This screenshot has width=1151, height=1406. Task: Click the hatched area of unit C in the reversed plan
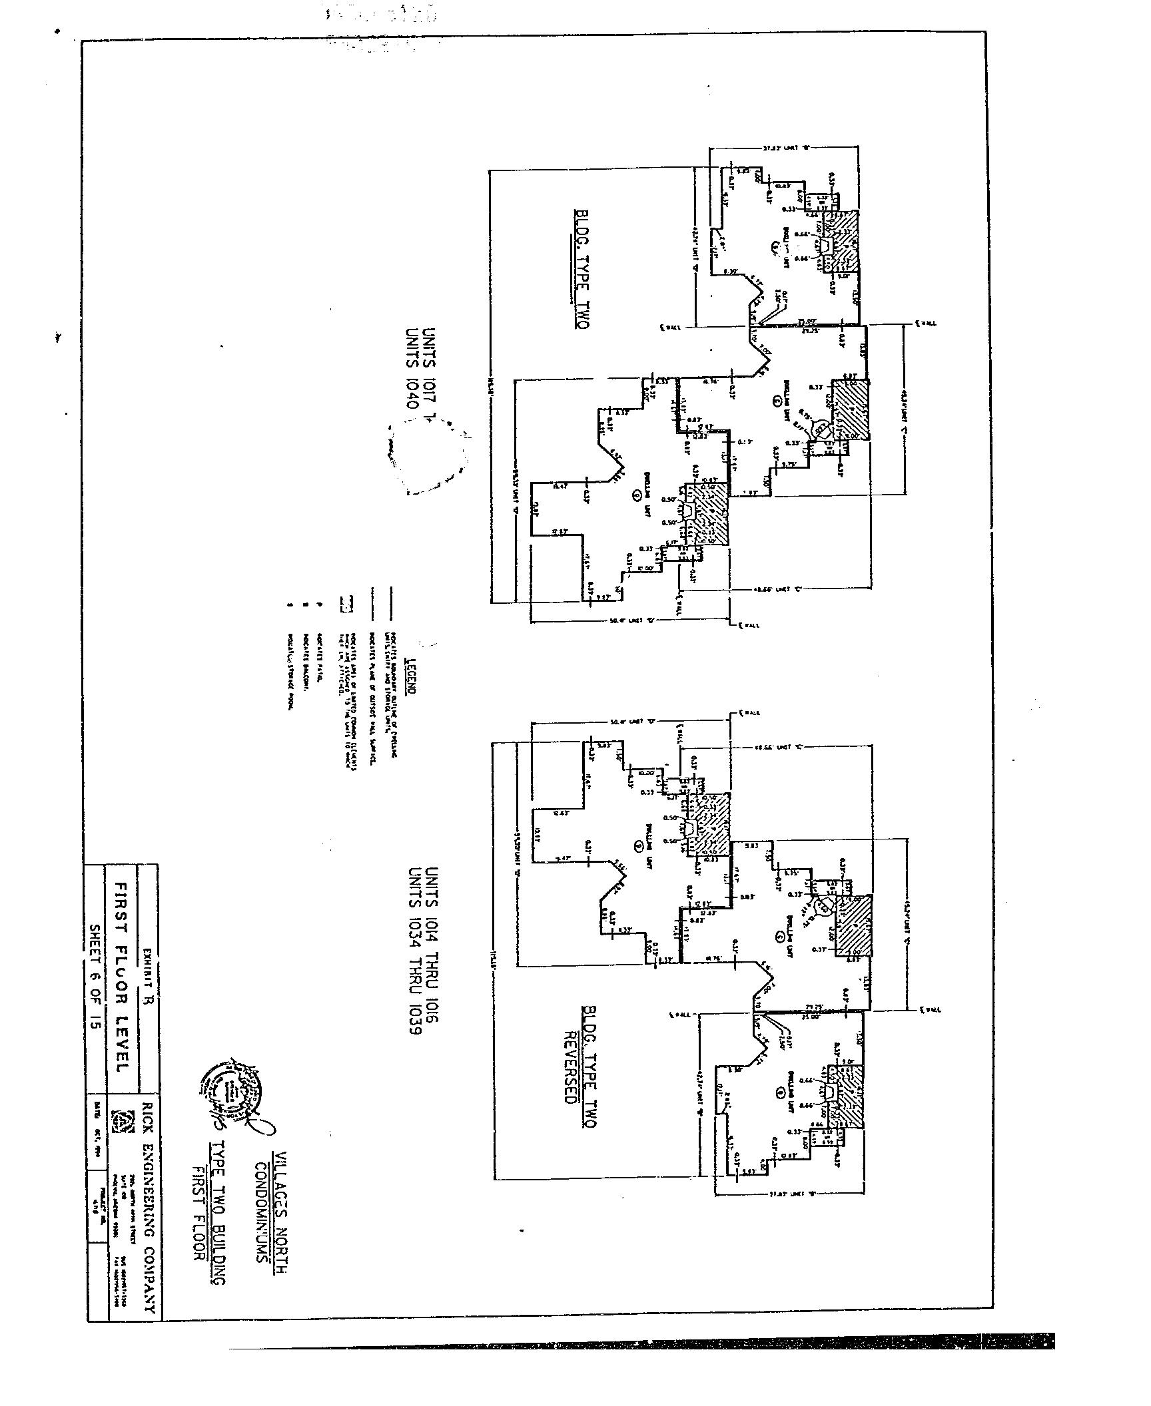855,927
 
